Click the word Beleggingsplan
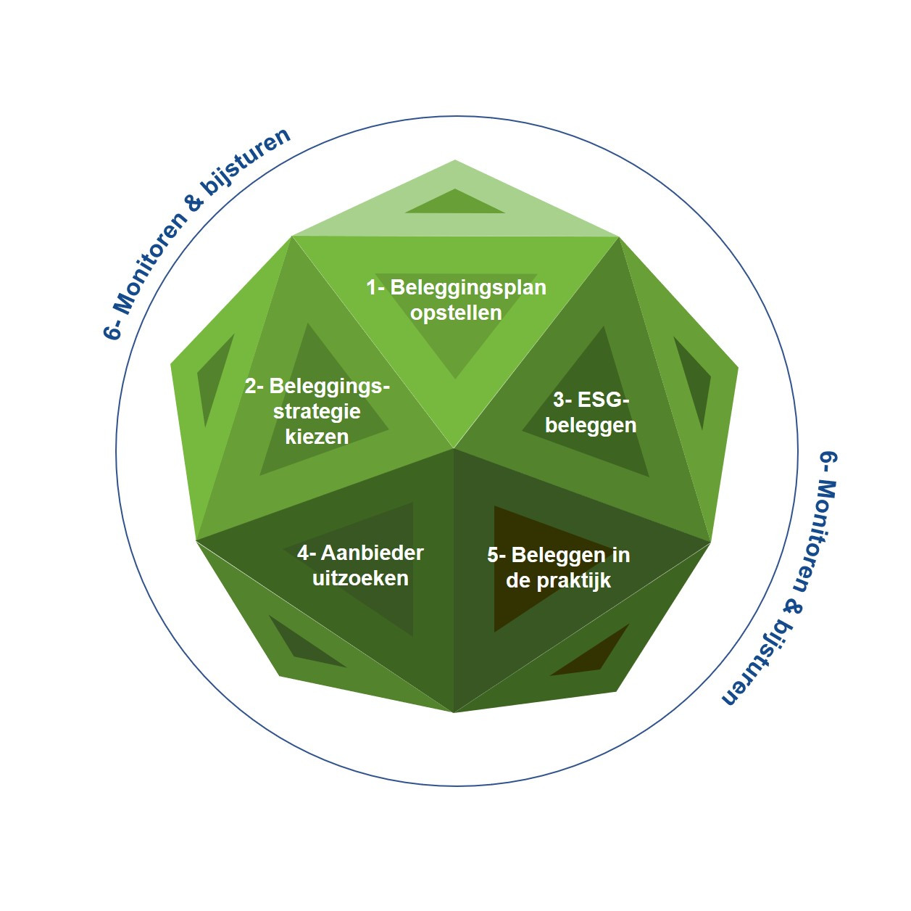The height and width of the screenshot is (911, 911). [x=467, y=289]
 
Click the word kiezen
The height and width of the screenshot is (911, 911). [x=317, y=437]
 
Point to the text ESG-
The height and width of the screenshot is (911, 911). [x=591, y=400]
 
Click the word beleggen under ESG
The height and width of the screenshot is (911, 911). [x=591, y=426]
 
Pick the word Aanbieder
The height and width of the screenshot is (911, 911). [x=372, y=553]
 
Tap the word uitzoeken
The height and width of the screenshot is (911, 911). [x=360, y=578]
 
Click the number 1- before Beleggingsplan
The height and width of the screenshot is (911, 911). [x=376, y=288]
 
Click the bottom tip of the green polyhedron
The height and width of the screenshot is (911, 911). [x=454, y=712]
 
